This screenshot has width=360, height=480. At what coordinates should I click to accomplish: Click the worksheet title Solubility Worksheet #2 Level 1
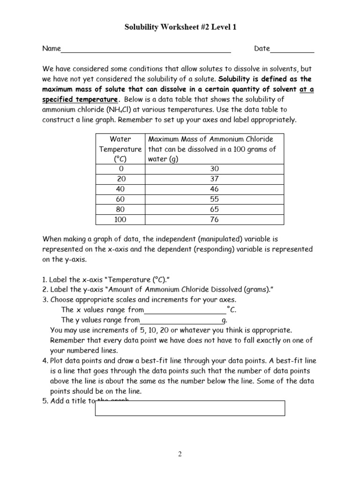click(x=180, y=28)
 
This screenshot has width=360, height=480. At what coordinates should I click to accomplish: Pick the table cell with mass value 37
click(x=215, y=179)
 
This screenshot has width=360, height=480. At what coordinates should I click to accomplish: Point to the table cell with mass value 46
click(x=215, y=189)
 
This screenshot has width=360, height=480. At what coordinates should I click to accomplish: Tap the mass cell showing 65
click(x=215, y=210)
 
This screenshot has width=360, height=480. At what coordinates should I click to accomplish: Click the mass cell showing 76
click(x=215, y=220)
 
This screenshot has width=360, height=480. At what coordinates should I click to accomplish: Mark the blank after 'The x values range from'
click(x=185, y=310)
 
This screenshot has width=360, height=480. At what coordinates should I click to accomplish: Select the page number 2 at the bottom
click(x=180, y=454)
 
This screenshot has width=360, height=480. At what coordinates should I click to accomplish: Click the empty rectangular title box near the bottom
click(x=190, y=408)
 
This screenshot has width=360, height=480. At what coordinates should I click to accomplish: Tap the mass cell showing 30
click(x=215, y=169)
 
